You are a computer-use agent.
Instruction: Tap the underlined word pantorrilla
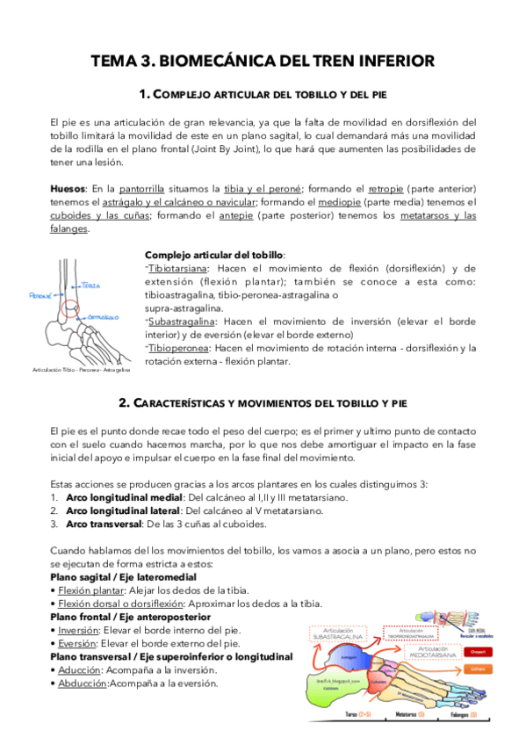[x=146, y=188]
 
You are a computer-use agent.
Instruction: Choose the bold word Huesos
[x=68, y=188]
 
